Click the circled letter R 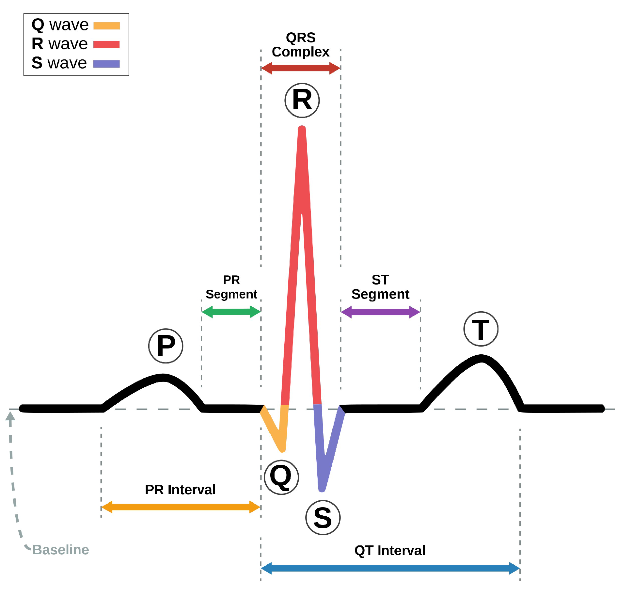tap(302, 100)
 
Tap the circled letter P tap(166, 346)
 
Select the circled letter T tap(481, 329)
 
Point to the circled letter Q tap(281, 477)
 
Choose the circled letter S tap(323, 518)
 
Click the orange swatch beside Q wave tap(107, 26)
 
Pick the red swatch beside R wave tap(106, 44)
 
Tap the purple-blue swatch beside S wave tap(106, 64)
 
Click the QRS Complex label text tap(301, 45)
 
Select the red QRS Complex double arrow tap(301, 68)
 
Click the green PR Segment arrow tap(231, 312)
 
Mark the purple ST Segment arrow tap(380, 312)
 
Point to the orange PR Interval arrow tap(181, 507)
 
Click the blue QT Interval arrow tap(390, 568)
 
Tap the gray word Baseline tap(61, 550)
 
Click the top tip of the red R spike tap(302, 128)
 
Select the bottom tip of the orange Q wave tap(283, 450)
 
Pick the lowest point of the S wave tap(322, 489)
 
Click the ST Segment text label tap(380, 287)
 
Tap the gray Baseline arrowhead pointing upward tap(10, 416)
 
